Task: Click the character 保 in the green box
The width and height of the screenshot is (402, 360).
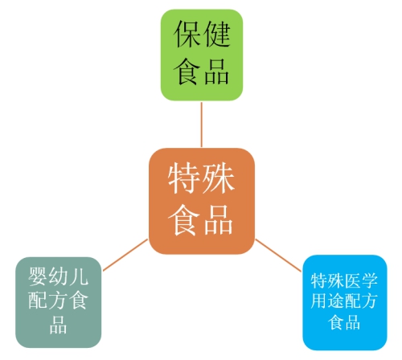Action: click(x=187, y=34)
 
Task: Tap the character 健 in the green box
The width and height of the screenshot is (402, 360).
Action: click(x=216, y=34)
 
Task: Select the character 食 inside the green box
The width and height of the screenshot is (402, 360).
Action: click(x=187, y=72)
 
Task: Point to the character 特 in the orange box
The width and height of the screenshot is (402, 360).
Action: click(x=184, y=178)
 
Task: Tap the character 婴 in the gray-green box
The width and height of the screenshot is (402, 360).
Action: click(x=38, y=276)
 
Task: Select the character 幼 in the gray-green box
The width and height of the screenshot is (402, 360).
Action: click(x=58, y=276)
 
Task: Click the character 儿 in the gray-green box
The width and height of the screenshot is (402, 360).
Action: click(x=78, y=276)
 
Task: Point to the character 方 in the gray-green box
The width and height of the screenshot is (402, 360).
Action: click(x=58, y=300)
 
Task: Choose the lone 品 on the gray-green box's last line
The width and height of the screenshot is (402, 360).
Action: click(x=58, y=324)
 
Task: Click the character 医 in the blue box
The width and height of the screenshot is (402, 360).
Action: click(x=353, y=280)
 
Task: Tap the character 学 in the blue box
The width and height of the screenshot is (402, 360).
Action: click(x=370, y=280)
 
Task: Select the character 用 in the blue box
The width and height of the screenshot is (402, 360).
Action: click(x=319, y=301)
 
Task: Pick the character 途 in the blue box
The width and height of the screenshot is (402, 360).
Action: click(x=336, y=301)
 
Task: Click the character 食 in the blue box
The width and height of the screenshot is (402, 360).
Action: click(x=336, y=321)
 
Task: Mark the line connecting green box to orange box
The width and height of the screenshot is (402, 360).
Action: click(x=202, y=125)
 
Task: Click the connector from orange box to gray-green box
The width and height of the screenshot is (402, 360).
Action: click(x=125, y=255)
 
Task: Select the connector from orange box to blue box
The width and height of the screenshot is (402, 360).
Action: click(x=278, y=256)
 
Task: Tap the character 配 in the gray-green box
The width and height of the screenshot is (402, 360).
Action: click(x=38, y=300)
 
